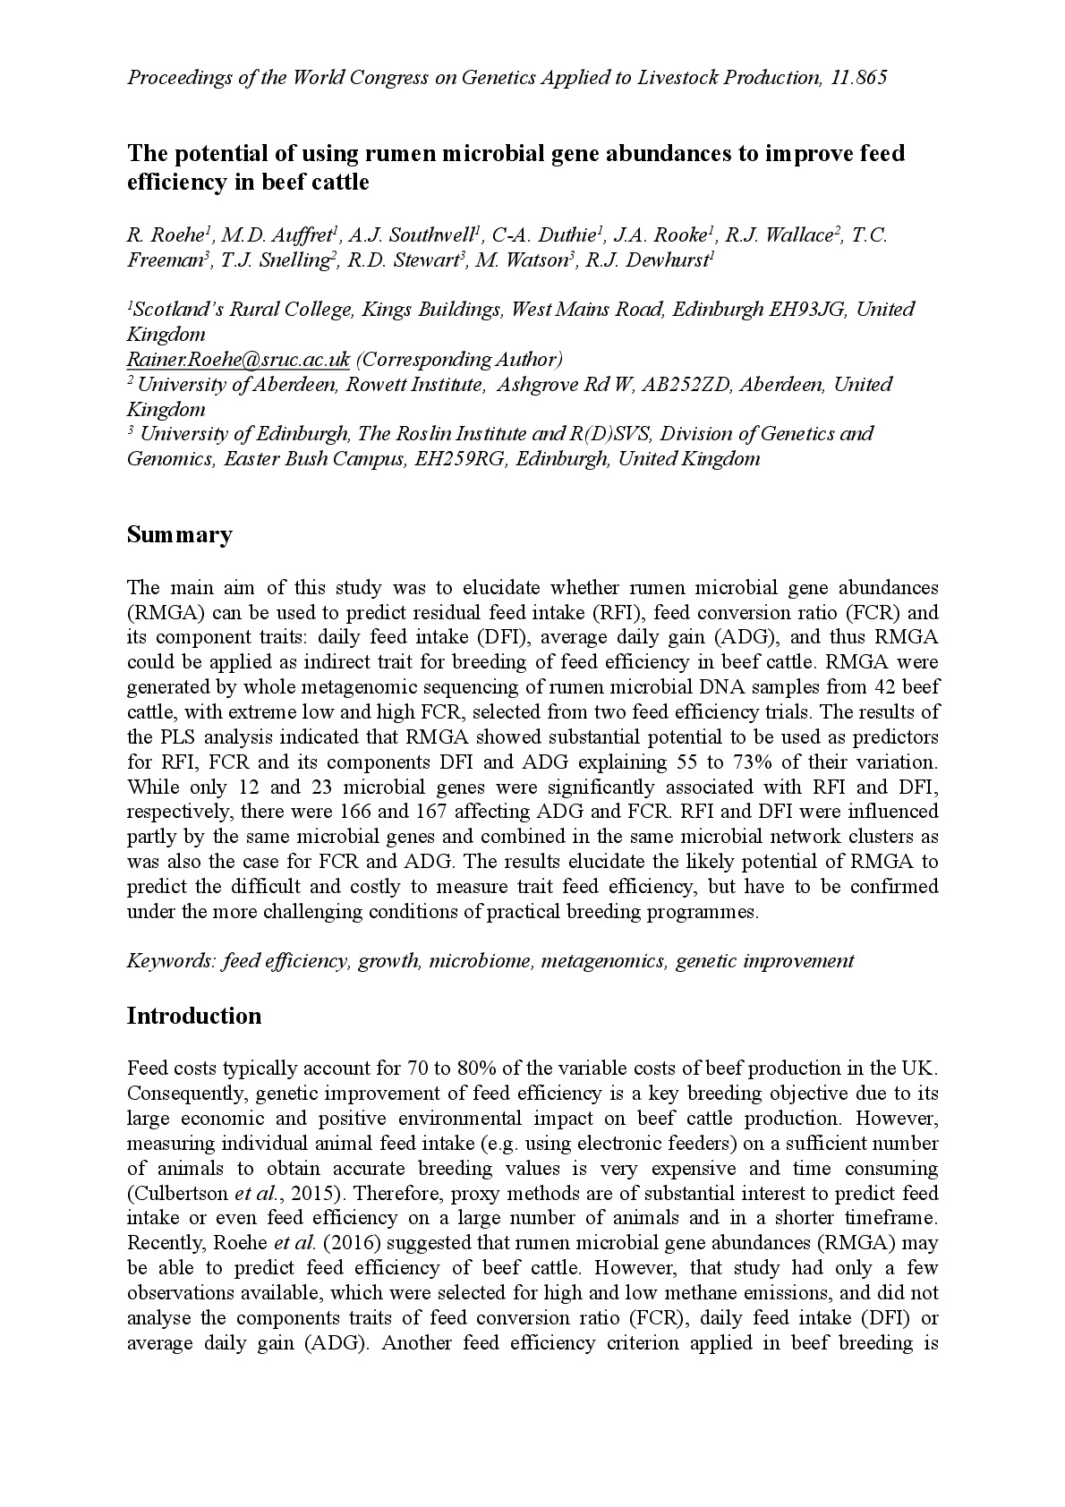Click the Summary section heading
(179, 535)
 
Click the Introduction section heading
(194, 1016)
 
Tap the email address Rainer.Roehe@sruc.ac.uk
(238, 360)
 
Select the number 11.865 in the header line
(858, 77)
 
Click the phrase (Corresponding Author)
(458, 360)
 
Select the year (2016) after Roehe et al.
(381, 1243)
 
